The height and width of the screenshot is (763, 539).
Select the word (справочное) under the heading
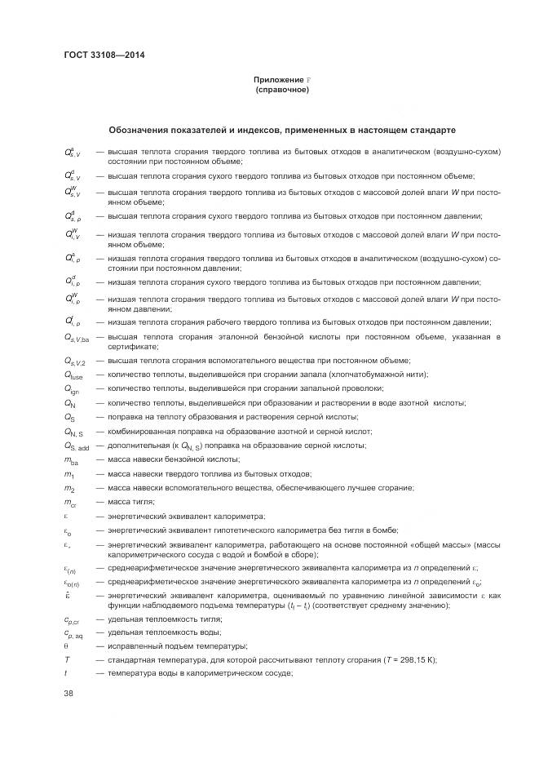tap(281, 89)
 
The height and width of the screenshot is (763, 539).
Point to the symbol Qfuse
tap(73, 375)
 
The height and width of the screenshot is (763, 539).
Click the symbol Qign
tap(73, 389)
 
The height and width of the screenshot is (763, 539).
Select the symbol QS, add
tap(77, 446)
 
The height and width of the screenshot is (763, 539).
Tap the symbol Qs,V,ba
tap(77, 338)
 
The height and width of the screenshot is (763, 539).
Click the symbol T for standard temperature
tap(67, 659)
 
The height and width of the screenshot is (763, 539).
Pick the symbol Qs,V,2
tap(76, 362)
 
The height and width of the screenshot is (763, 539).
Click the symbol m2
tap(70, 488)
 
